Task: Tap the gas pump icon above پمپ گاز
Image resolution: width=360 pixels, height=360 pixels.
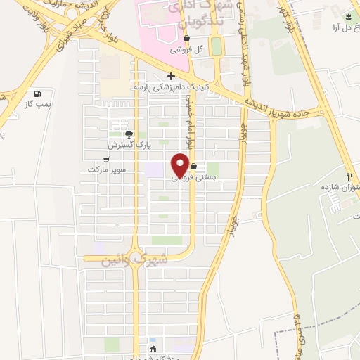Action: tap(37, 94)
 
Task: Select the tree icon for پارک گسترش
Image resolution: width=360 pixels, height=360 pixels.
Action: tap(128, 134)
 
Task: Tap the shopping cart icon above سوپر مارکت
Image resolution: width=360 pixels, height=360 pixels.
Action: tap(106, 160)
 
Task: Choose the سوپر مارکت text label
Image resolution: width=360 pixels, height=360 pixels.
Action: tap(105, 170)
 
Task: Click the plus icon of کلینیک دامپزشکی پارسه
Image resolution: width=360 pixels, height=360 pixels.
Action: tap(171, 76)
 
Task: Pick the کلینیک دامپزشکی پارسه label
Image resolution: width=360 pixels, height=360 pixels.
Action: tap(172, 87)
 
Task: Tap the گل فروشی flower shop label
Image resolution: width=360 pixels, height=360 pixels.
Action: tap(188, 50)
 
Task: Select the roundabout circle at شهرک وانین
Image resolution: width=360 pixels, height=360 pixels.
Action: tap(134, 258)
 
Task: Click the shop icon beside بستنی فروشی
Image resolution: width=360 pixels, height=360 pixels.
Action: tap(193, 167)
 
